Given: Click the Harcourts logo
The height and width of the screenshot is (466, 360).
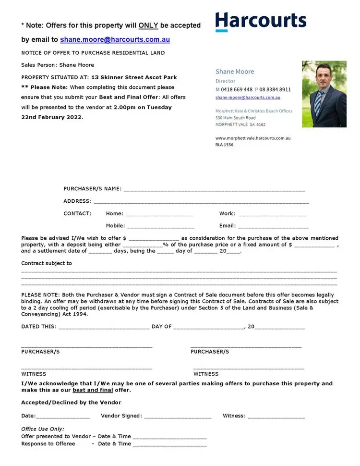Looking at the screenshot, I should (261, 22).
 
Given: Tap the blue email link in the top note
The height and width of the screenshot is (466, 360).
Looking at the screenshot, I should (115, 39).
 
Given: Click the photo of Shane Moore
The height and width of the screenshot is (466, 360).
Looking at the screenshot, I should (324, 94).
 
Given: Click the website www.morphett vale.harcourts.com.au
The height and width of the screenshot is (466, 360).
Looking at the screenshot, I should (253, 138).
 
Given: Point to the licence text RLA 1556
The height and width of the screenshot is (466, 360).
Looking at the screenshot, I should (225, 145).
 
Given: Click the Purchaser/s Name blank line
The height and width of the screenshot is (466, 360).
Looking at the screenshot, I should (214, 189).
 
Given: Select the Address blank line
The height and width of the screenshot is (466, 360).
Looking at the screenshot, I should (201, 202).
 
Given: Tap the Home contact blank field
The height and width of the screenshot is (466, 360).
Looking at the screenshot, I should (159, 214).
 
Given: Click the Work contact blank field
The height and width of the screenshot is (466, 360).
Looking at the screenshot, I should (273, 214).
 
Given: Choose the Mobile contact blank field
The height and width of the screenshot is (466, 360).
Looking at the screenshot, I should (161, 226).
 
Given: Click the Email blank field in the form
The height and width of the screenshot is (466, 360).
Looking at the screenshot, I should (273, 226).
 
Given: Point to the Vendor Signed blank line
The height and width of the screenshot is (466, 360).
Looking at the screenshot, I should (178, 417).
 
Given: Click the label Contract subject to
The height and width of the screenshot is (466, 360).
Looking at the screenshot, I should (47, 263).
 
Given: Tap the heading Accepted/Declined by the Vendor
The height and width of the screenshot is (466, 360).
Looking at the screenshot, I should (71, 403).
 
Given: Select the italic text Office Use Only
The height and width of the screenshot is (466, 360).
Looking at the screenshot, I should (43, 429).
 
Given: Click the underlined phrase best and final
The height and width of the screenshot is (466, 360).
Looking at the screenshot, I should (93, 390).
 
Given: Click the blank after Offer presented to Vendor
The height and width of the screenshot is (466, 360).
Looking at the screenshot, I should (169, 437).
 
